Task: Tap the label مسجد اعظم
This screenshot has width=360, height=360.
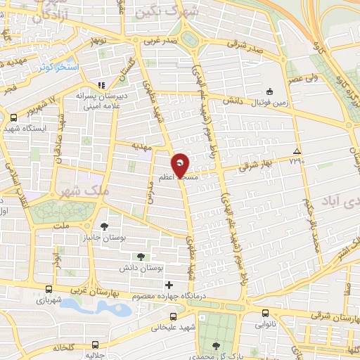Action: coord(179,179)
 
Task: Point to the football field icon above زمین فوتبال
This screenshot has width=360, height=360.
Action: coord(270,91)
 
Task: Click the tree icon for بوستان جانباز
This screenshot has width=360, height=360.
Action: coord(105,226)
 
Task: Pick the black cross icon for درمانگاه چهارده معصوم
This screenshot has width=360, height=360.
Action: coord(168,285)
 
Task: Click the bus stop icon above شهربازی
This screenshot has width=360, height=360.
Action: coord(48,289)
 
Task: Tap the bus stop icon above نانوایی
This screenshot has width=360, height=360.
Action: coord(264,314)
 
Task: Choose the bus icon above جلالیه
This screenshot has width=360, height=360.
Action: coord(95,345)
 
